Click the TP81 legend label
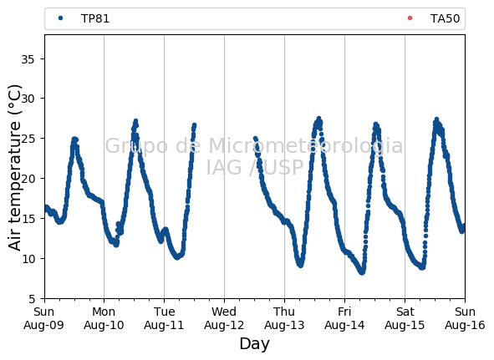[95, 18]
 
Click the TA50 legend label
[445, 18]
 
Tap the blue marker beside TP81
[60, 18]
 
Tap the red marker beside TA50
[410, 18]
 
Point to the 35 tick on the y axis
[28, 59]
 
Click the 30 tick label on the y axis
[28, 99]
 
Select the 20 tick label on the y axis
[28, 179]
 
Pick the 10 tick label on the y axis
[28, 259]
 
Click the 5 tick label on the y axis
[32, 299]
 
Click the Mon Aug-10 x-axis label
[104, 318]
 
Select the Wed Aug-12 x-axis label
[224, 318]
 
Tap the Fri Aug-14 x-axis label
[344, 318]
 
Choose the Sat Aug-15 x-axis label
[405, 318]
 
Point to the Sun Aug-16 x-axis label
[465, 318]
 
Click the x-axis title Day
[255, 344]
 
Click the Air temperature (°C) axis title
[14, 168]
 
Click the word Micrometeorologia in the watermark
[306, 146]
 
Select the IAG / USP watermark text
[255, 167]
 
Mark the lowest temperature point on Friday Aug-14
[362, 272]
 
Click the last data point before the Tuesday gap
[195, 125]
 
